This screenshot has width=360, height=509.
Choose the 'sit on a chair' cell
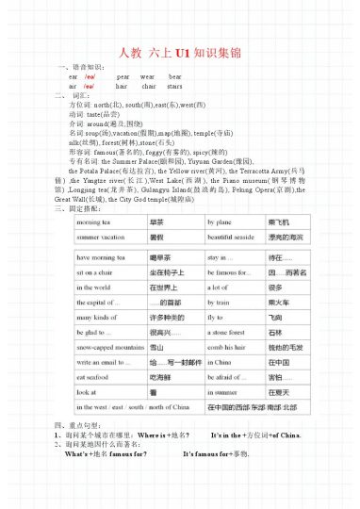point(100,269)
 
